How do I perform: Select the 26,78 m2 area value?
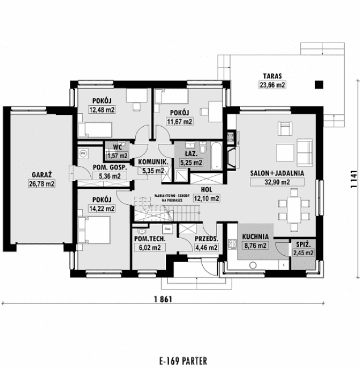click(43, 184)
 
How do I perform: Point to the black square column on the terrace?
click(319, 85)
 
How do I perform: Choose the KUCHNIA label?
click(255, 237)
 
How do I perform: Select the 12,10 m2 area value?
click(206, 198)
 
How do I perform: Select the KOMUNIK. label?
click(152, 162)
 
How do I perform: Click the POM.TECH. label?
click(149, 239)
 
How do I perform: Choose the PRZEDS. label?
click(206, 239)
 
